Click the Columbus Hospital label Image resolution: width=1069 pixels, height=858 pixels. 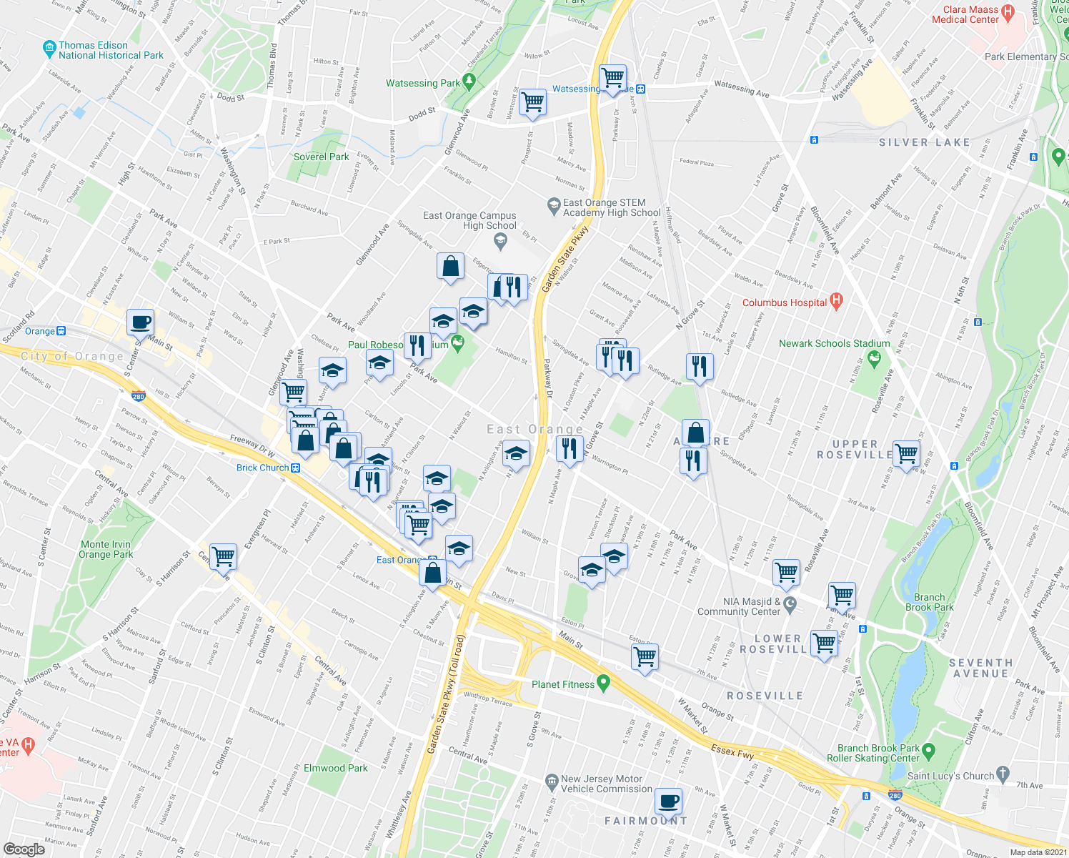click(x=784, y=302)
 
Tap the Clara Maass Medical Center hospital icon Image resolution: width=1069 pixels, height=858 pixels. click(x=1008, y=11)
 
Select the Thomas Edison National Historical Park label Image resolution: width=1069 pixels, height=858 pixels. click(x=111, y=50)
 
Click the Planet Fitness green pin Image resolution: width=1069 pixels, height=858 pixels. click(x=603, y=684)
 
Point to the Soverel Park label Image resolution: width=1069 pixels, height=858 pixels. click(x=322, y=157)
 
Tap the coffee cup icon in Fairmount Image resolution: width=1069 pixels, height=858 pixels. click(x=668, y=801)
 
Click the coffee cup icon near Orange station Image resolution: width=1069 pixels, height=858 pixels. click(x=141, y=322)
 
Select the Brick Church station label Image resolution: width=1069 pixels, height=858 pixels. click(x=263, y=468)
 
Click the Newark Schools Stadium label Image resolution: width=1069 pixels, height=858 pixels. click(x=834, y=343)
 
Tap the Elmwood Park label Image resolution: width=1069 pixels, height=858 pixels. click(x=336, y=768)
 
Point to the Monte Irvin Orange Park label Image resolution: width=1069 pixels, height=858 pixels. click(x=106, y=549)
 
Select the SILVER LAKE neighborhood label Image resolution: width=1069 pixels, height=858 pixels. click(x=924, y=142)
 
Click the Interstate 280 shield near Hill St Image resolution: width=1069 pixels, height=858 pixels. click(x=139, y=395)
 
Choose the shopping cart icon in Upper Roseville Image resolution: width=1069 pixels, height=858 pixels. click(x=906, y=452)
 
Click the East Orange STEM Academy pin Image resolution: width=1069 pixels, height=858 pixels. click(x=553, y=207)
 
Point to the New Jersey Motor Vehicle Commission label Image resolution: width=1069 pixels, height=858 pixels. click(x=606, y=784)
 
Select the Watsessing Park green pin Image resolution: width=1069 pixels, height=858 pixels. click(x=469, y=82)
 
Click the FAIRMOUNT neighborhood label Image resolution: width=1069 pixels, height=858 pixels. click(x=646, y=821)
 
